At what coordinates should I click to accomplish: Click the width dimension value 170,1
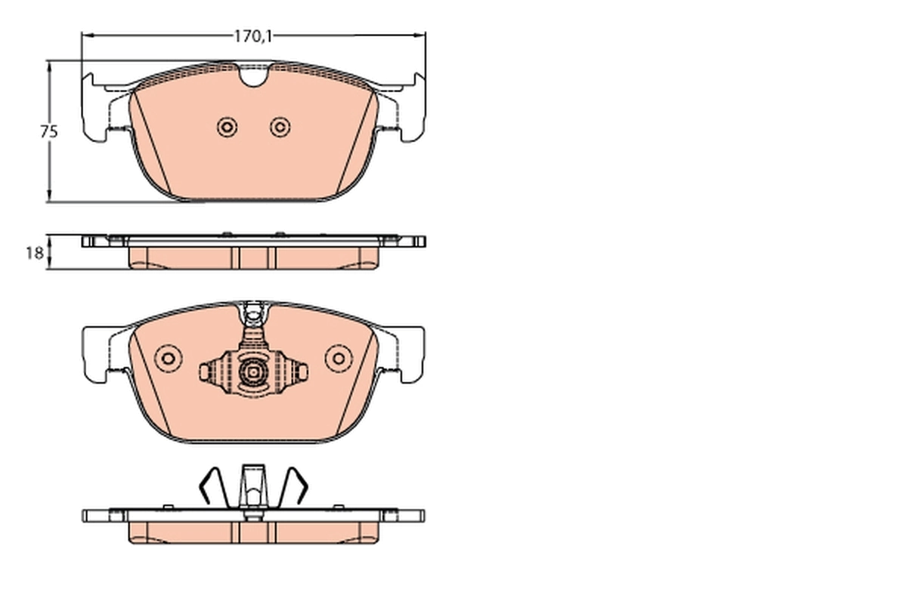(x=252, y=35)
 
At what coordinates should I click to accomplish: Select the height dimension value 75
(x=49, y=131)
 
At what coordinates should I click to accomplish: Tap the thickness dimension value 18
(x=34, y=253)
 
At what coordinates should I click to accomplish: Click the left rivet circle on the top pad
(x=226, y=128)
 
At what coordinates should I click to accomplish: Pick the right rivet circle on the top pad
(x=280, y=128)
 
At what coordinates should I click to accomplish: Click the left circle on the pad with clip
(x=168, y=358)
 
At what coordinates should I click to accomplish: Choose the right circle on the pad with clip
(x=339, y=358)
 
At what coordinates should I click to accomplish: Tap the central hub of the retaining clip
(x=252, y=371)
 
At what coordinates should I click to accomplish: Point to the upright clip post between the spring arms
(x=253, y=487)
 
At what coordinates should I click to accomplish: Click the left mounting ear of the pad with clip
(x=97, y=353)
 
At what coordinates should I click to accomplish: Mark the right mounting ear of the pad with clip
(x=410, y=353)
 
